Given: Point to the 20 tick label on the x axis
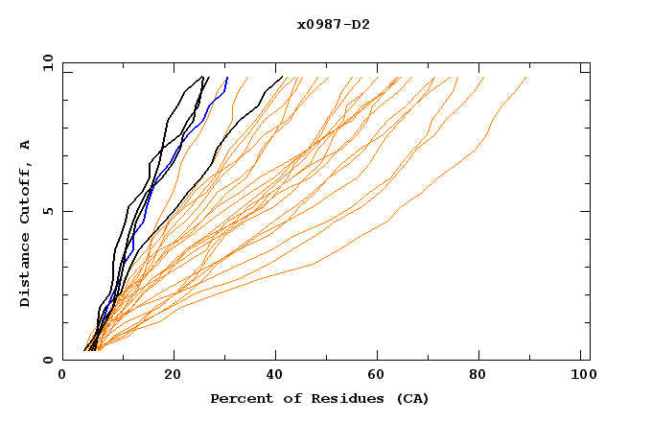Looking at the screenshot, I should click(x=173, y=377).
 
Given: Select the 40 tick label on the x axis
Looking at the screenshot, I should click(x=276, y=377).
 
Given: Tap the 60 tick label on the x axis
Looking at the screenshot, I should click(x=381, y=377).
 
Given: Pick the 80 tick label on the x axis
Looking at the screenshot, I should click(x=484, y=377).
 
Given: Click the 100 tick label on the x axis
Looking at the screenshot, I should click(x=584, y=377).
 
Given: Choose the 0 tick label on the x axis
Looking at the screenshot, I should click(x=62, y=377).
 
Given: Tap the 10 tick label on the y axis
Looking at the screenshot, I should click(x=45, y=62).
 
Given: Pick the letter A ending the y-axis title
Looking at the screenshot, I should click(x=26, y=144).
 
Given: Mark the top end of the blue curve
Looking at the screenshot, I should click(x=227, y=78).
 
